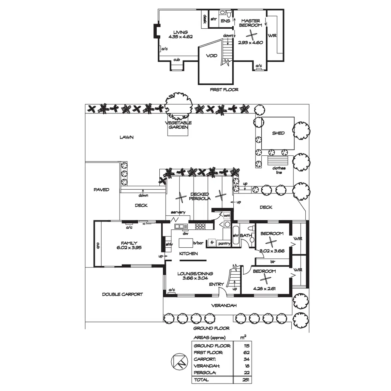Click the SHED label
pos(278,133)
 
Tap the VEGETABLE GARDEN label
pos(178,125)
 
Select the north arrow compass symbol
pos(178,363)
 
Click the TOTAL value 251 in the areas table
pos(246,380)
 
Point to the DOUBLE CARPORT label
pos(123,294)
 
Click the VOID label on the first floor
pos(211,56)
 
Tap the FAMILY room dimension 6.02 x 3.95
pos(129,248)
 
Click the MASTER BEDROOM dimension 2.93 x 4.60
pos(250,42)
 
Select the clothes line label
pos(279,170)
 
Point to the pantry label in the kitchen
pos(224,243)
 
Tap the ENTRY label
pos(216,284)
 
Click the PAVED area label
pos(101,190)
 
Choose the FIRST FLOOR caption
pos(224,90)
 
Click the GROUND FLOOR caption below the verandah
pos(211,328)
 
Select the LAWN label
pos(126,138)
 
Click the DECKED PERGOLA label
pos(200,196)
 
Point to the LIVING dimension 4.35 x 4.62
pos(181,37)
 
